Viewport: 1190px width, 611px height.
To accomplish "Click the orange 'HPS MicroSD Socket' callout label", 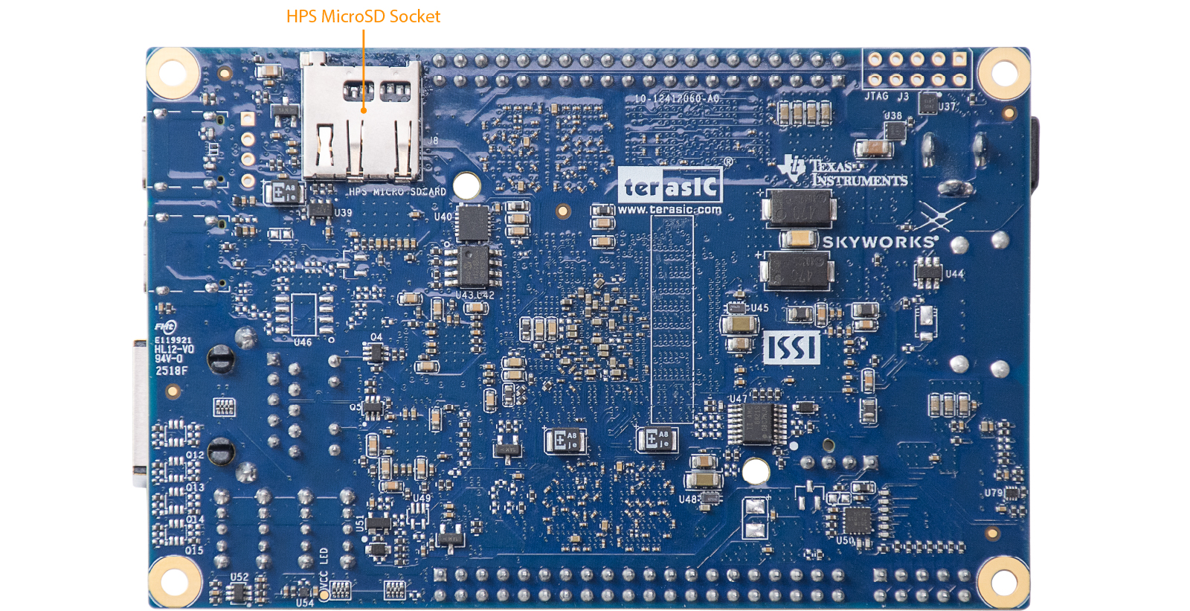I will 363,16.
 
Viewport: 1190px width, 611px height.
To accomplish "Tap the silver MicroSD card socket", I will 361,119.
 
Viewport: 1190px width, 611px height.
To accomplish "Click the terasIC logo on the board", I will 670,185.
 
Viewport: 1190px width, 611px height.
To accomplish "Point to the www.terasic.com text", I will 669,210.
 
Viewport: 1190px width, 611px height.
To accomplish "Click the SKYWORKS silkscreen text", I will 878,242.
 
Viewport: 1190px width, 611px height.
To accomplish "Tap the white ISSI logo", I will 792,348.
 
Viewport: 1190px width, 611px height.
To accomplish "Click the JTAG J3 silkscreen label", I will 887,97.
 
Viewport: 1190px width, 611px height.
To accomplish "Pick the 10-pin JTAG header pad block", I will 917,68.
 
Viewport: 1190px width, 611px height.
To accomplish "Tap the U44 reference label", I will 954,274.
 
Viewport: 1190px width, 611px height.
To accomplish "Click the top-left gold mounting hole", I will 173,73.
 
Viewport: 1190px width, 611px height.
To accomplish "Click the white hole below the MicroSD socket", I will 466,185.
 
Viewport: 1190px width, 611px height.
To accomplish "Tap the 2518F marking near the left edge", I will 171,371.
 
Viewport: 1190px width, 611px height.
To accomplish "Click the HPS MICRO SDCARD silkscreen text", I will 397,192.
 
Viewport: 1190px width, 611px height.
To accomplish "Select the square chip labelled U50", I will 856,520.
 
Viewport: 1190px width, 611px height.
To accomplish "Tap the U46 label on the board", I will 303,342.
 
